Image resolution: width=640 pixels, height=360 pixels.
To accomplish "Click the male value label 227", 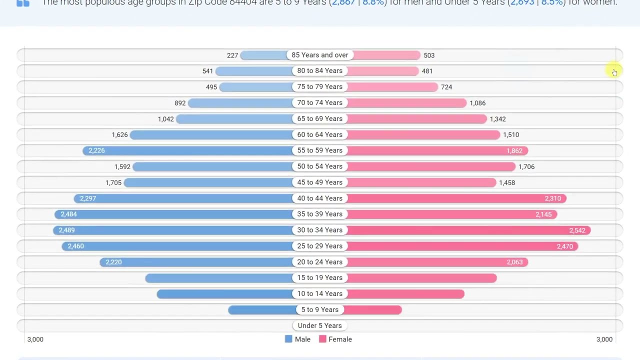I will click(x=232, y=55).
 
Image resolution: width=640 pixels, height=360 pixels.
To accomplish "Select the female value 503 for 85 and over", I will click(x=429, y=55).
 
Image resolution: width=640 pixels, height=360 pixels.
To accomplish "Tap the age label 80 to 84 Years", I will click(x=319, y=71).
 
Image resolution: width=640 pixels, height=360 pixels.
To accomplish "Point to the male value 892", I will click(x=180, y=103).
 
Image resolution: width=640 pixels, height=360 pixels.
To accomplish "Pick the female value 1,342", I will click(x=497, y=119).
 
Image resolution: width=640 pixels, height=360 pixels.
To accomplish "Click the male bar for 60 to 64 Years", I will click(x=210, y=135).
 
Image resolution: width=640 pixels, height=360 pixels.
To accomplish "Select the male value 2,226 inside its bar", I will click(x=96, y=150).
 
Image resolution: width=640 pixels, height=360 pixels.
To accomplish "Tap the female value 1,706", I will click(x=526, y=166).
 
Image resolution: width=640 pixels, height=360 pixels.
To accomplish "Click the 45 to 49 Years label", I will click(x=319, y=182).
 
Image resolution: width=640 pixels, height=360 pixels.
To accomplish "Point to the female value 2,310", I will click(x=552, y=198).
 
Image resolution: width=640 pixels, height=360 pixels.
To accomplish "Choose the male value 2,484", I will click(x=68, y=214).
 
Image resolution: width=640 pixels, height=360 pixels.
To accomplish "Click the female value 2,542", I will click(x=577, y=230).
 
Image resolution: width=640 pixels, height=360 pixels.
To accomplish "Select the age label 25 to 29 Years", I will click(x=319, y=246).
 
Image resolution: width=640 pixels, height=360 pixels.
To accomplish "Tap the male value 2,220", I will click(x=113, y=262).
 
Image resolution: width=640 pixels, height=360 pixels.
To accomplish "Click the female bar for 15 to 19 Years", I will click(x=422, y=278).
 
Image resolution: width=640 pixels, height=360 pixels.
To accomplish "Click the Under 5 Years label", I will click(x=319, y=326).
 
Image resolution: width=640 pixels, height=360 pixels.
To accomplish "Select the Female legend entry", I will click(x=340, y=339).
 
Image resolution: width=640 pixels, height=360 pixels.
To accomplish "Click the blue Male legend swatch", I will click(x=288, y=339).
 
